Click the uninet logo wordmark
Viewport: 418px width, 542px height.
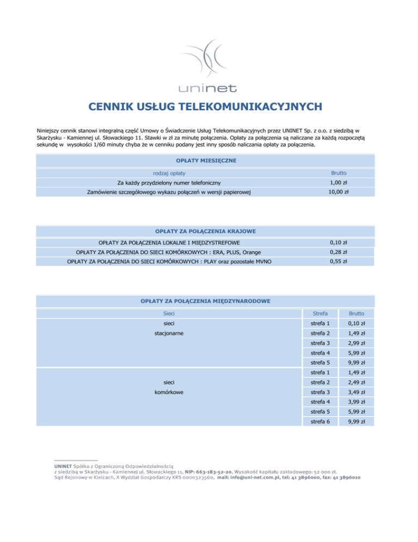pyautogui.click(x=210, y=87)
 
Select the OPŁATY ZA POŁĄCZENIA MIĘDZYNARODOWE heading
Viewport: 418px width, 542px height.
pyautogui.click(x=205, y=300)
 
